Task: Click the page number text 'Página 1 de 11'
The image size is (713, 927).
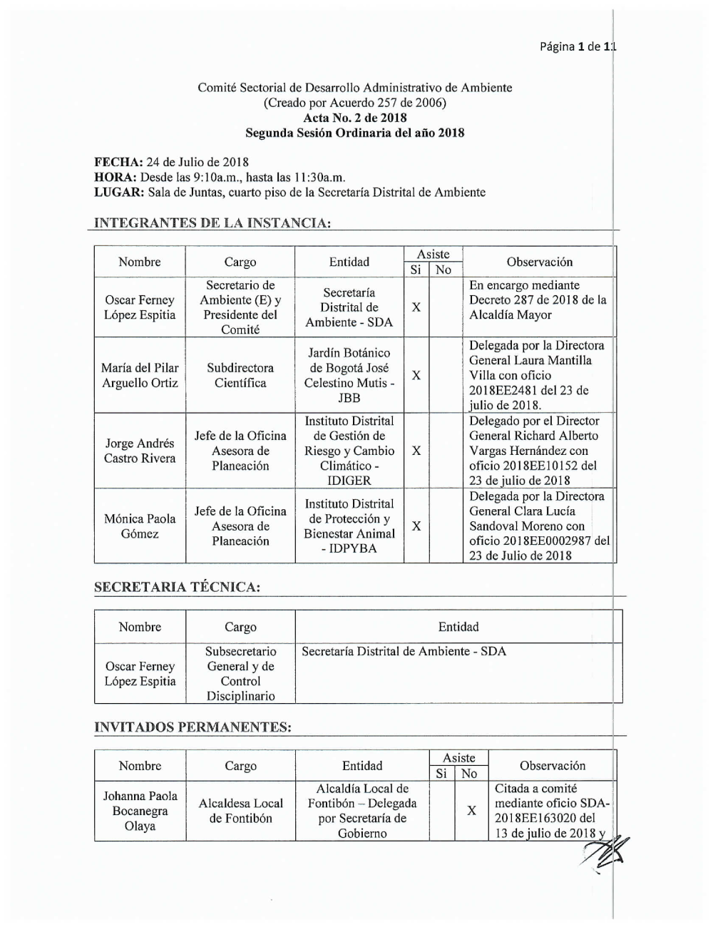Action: (577, 47)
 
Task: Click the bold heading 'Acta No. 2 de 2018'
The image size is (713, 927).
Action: (354, 118)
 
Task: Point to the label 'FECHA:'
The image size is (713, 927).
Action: (118, 162)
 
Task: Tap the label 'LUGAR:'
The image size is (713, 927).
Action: (119, 192)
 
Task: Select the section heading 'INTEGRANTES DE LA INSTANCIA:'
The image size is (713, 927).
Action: (212, 223)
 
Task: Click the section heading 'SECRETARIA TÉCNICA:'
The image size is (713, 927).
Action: (177, 587)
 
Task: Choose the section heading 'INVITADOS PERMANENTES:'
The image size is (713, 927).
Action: (193, 727)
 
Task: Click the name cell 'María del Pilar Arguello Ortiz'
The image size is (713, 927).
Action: (140, 375)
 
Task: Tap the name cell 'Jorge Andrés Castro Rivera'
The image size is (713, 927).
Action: (140, 451)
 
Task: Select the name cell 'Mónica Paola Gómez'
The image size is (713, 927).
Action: (140, 526)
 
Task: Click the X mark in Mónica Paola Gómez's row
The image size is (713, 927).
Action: (416, 526)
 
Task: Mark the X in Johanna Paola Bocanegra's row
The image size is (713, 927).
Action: (471, 811)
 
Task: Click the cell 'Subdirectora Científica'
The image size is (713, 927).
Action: (240, 375)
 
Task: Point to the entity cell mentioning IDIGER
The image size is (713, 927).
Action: (349, 451)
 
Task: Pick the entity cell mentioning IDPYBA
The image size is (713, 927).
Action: (349, 526)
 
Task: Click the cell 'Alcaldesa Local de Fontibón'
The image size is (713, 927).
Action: (240, 811)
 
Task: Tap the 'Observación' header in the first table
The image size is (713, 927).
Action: (539, 262)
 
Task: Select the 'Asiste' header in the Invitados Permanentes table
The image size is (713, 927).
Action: (459, 758)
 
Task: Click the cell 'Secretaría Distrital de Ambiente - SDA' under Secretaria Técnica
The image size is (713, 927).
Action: (404, 651)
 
